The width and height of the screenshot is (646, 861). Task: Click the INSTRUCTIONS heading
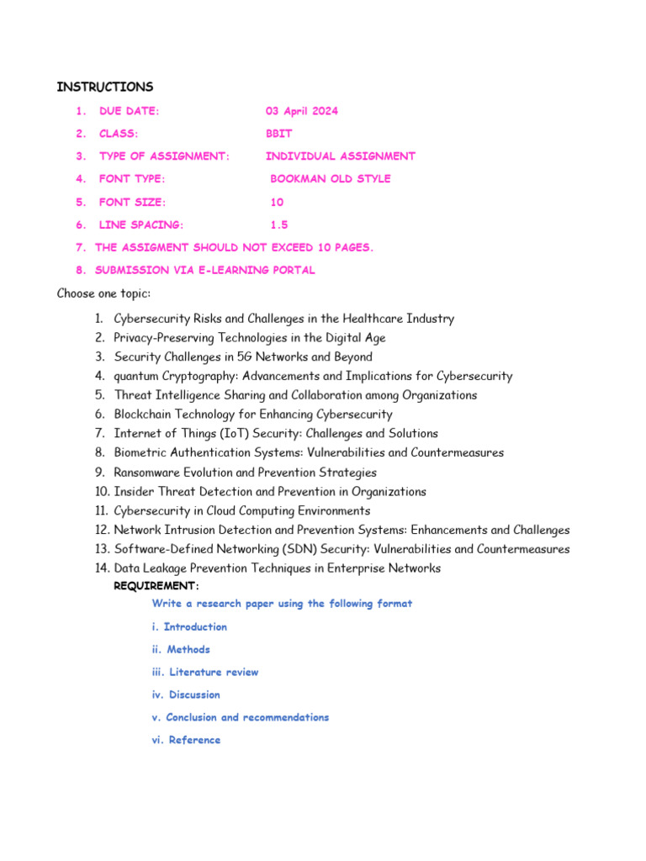pos(105,87)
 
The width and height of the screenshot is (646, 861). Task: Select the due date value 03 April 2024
pos(302,111)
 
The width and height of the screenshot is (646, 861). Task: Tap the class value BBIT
pos(279,134)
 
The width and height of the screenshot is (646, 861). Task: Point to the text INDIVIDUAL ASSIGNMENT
pos(341,156)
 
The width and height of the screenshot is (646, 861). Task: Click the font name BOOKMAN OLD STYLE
pos(331,179)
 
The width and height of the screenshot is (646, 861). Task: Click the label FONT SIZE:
pos(133,202)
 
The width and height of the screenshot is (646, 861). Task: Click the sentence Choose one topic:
pos(103,293)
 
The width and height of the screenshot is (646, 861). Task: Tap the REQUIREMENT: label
pos(156,586)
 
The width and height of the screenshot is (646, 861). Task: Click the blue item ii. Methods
pos(181,649)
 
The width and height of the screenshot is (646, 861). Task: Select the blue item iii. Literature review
pos(205,672)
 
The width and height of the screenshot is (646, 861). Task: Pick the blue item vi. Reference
pos(186,740)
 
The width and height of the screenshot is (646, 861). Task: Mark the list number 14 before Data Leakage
pos(102,568)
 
